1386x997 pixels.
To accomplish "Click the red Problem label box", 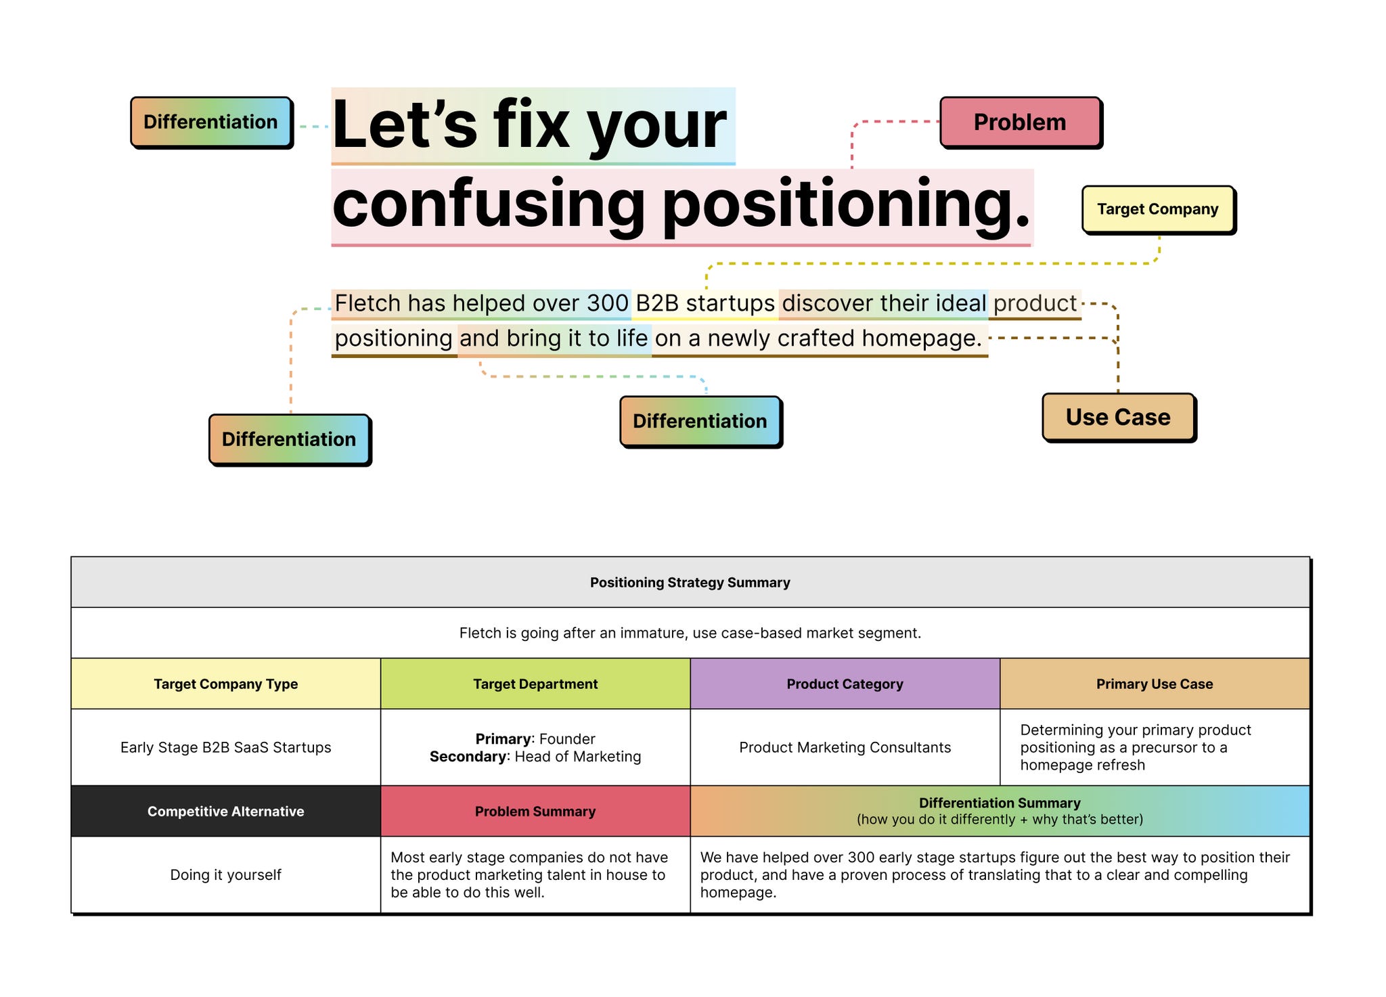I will coord(1020,122).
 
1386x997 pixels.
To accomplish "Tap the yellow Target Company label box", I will coord(1157,209).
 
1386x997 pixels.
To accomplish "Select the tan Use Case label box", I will coord(1118,417).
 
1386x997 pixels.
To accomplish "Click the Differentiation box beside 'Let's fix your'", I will coord(210,122).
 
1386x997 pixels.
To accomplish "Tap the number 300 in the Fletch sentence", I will coord(608,303).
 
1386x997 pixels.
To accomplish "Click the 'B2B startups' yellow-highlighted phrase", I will coord(705,303).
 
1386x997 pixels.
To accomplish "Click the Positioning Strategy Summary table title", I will coord(690,583).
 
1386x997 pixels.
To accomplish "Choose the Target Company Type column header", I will coord(225,684).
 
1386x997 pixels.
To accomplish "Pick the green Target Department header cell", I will coord(535,684).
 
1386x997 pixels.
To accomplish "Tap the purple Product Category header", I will coord(845,684).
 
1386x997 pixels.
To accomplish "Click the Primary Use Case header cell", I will coord(1155,684).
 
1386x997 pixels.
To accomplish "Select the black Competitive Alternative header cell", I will coord(225,811).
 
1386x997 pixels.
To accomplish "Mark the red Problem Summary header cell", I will coord(535,811).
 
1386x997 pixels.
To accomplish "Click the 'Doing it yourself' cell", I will coord(225,874).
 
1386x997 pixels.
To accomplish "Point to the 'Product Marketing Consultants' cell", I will coord(845,747).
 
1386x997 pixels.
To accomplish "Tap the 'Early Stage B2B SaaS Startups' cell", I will coord(225,747).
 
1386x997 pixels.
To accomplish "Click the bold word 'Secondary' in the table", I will coord(468,756).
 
